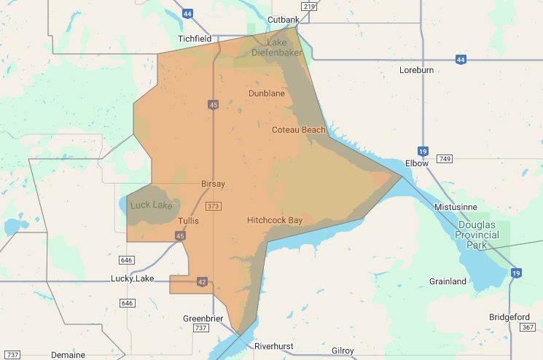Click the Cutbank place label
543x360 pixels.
click(284, 19)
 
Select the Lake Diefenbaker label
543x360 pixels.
click(278, 47)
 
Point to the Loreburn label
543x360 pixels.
click(418, 71)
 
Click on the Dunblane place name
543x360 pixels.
click(267, 94)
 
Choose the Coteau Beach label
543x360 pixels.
click(298, 130)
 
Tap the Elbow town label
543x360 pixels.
click(417, 163)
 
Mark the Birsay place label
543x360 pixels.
click(213, 184)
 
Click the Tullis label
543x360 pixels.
click(187, 220)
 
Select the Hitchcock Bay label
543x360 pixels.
click(279, 219)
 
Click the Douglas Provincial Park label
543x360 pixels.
click(477, 235)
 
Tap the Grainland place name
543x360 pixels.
click(448, 281)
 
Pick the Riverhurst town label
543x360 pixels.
click(273, 346)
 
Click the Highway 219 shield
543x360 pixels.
click(309, 7)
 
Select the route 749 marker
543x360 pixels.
click(445, 159)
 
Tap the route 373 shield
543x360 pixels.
click(213, 206)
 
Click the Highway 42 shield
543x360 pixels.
click(203, 281)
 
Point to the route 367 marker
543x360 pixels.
click(528, 327)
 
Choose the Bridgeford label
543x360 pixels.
click(510, 317)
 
